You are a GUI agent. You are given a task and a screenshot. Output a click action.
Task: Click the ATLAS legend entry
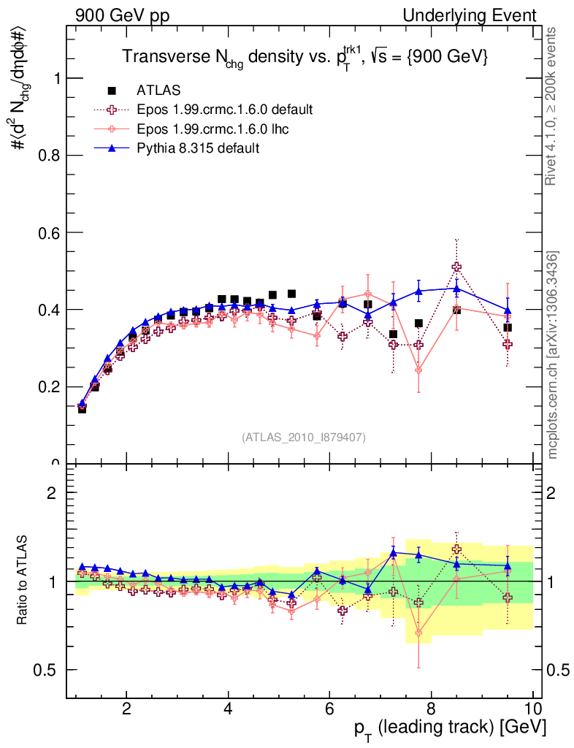[x=158, y=91]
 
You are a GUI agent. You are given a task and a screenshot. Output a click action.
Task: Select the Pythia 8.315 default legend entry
[x=198, y=148]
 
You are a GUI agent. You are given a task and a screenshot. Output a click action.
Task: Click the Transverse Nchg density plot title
[x=305, y=57]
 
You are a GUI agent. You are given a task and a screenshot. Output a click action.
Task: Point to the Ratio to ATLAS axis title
[x=22, y=580]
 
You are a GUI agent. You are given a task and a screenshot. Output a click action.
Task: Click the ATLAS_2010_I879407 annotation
[x=304, y=437]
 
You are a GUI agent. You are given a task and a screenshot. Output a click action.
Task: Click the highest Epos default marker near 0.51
[x=456, y=267]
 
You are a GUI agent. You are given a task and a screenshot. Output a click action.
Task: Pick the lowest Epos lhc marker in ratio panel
[x=418, y=633]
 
